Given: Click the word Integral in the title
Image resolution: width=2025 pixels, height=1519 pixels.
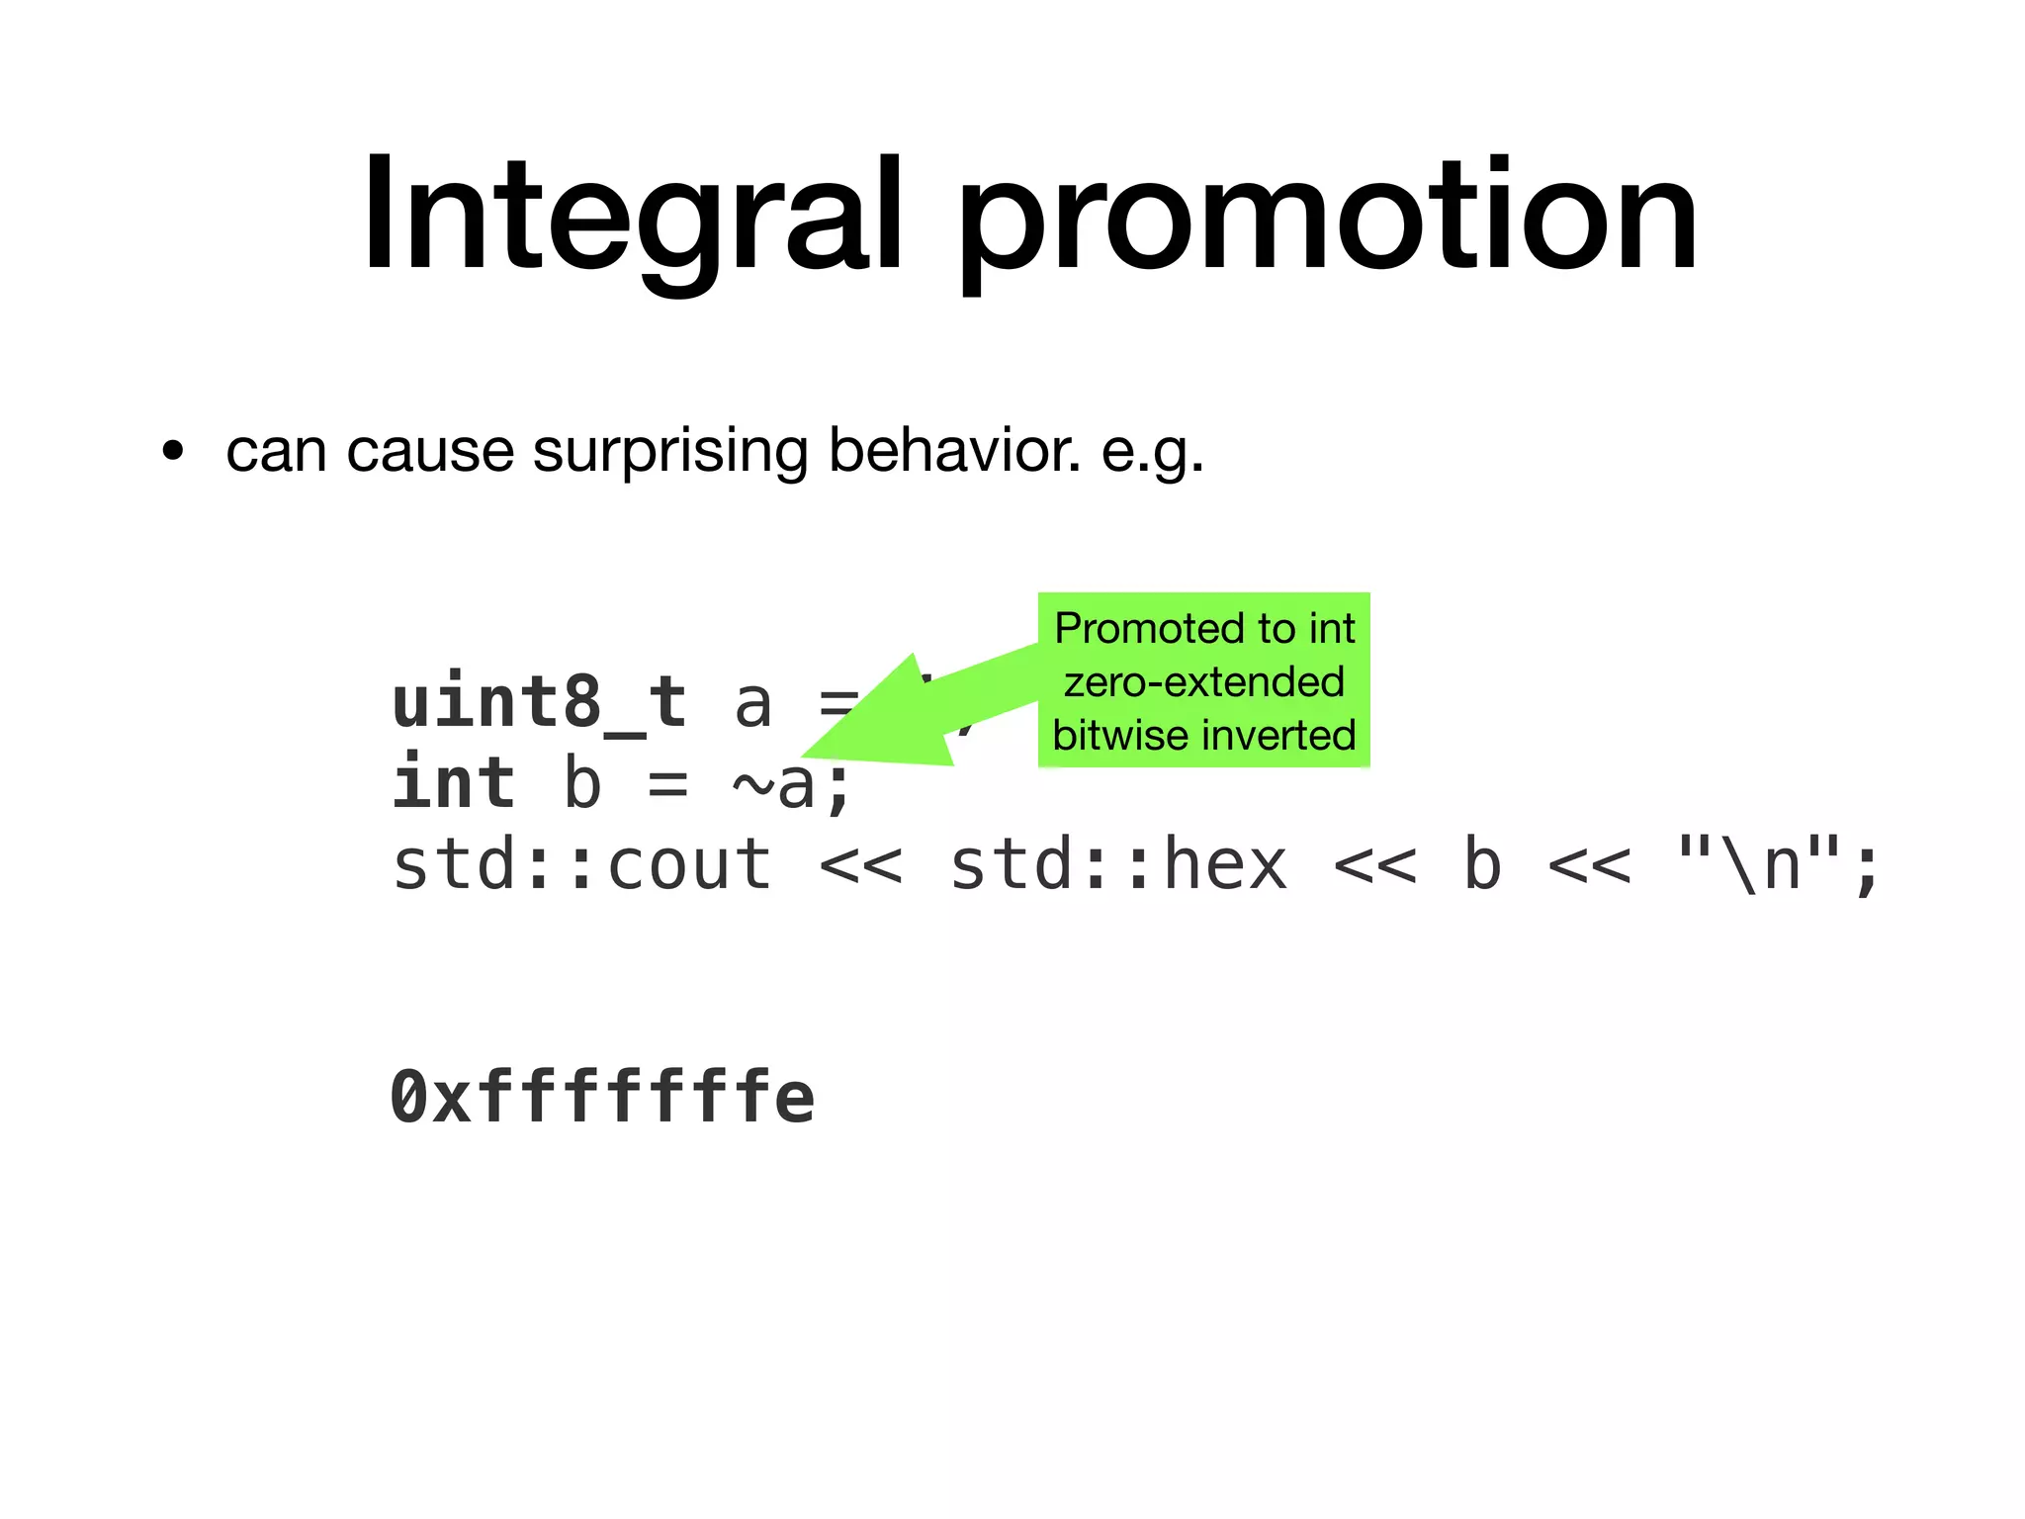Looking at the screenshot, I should pos(632,216).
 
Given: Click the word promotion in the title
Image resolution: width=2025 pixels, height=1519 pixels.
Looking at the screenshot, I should pos(1326,220).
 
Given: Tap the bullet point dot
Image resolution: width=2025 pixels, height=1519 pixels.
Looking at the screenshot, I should pos(174,453).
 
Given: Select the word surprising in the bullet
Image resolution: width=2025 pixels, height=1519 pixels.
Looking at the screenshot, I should pos(670,453).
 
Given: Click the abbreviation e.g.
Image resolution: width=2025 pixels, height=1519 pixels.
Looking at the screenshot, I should pos(1152,453).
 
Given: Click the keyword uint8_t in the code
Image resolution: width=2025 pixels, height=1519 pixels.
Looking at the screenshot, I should pos(539,703).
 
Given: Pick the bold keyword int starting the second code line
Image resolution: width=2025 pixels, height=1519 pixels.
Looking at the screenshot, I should pos(454,783).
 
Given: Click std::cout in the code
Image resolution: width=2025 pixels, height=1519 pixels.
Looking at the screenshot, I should pos(582,864).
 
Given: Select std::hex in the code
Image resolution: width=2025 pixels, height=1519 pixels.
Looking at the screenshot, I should pos(1118,864).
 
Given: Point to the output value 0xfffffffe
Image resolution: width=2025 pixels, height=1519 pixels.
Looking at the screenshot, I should pos(602,1098).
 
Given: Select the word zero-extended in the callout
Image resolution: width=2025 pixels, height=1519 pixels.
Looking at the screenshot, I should pos(1203,682).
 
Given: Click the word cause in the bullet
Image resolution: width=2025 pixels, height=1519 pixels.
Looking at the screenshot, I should pos(430,453).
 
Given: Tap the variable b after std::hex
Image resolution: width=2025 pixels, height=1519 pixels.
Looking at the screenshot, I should pos(1481,864).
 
